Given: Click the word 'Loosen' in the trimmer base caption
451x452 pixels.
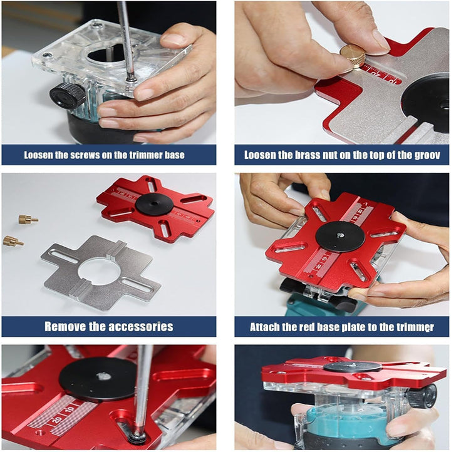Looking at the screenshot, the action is tap(38, 155).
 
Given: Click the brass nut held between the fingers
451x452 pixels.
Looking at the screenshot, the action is tap(353, 56).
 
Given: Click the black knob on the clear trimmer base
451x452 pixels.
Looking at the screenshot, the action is tap(68, 95).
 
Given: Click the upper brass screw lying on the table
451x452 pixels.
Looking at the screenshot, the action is tap(28, 220).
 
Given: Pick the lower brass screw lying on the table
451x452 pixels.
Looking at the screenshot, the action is tap(13, 241).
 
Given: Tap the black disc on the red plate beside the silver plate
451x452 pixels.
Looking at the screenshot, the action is tap(154, 204).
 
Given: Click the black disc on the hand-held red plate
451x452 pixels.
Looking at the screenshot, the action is tap(340, 237).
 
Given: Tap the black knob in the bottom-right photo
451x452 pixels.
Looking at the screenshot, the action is tap(422, 396).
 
